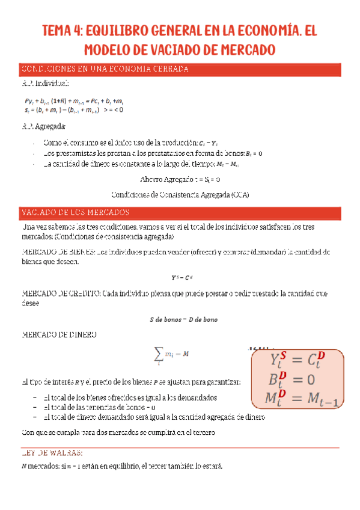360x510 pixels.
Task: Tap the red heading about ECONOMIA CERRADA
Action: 105,69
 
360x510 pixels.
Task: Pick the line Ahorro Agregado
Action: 180,179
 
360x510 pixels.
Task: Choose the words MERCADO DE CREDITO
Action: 61,293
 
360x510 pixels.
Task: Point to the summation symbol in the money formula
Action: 158,355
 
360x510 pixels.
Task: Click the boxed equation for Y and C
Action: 297,362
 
